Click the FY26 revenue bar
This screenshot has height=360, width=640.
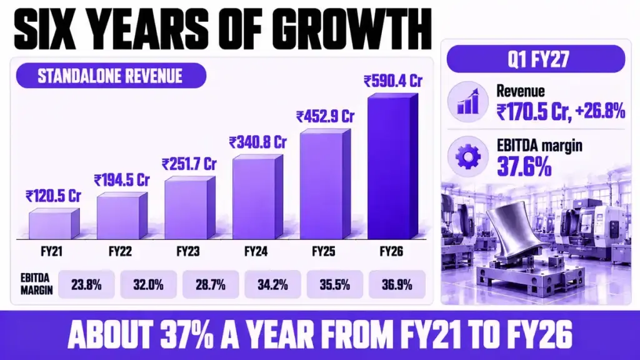click(392, 166)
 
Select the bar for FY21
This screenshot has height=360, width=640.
click(54, 224)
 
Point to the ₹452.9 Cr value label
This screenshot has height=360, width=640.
click(325, 117)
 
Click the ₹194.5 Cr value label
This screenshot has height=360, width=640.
click(122, 180)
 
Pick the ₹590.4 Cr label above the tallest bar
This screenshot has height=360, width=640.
click(393, 81)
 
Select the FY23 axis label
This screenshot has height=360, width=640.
click(187, 251)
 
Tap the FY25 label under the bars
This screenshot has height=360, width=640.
click(323, 251)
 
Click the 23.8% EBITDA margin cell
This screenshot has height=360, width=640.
click(86, 284)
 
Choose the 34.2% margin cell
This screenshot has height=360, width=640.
click(272, 284)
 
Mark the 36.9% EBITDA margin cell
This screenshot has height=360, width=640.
click(397, 284)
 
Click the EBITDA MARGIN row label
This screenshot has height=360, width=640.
click(37, 284)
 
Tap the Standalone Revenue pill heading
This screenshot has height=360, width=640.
click(111, 76)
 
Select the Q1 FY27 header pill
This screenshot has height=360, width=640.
click(536, 59)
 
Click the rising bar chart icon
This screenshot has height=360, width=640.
click(467, 102)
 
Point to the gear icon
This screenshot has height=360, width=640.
click(467, 157)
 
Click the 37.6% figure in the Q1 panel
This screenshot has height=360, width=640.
click(524, 167)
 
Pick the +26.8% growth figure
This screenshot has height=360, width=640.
click(599, 111)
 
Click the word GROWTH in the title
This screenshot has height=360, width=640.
click(352, 29)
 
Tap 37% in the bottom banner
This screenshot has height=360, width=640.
click(187, 335)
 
